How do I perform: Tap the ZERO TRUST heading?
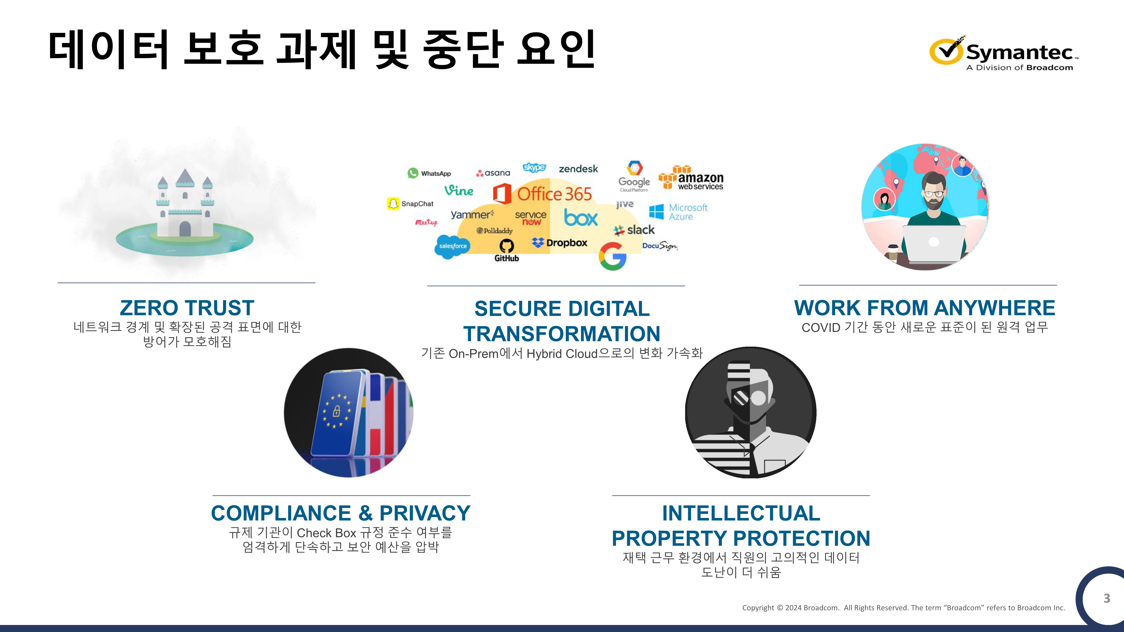click(x=187, y=308)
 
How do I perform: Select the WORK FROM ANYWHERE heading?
click(x=924, y=308)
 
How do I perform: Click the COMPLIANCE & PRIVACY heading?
click(x=341, y=513)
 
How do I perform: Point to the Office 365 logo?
click(x=542, y=194)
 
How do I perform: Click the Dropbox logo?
click(x=560, y=243)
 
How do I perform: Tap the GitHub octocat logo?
click(x=507, y=246)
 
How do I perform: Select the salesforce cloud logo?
click(x=452, y=246)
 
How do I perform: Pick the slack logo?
click(x=634, y=230)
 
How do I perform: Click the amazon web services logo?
click(x=691, y=178)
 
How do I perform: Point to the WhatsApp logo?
click(x=429, y=173)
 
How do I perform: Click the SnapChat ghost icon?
click(x=393, y=204)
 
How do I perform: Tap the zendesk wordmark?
click(x=578, y=169)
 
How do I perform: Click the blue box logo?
click(x=581, y=217)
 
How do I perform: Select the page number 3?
click(x=1107, y=598)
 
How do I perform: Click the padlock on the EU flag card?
click(x=336, y=411)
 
